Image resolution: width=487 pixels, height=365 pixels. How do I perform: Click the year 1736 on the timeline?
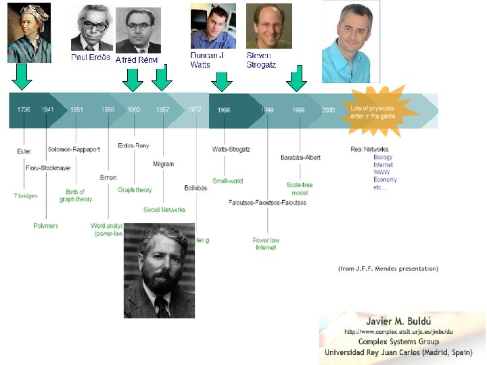coord(25,109)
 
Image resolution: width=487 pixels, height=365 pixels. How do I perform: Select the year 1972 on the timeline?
coord(195,109)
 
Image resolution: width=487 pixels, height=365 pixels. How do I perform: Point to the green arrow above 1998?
coord(222,82)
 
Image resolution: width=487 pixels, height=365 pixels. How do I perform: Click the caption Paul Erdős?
coord(91,57)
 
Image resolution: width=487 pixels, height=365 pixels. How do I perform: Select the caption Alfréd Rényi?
coord(137,60)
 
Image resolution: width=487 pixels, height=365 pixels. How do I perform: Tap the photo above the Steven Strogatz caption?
coord(269,26)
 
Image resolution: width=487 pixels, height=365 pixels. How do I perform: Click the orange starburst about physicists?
coord(383,111)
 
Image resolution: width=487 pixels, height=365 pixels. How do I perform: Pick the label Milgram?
coord(164,164)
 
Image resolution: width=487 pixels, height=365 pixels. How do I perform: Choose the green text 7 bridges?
coord(26,196)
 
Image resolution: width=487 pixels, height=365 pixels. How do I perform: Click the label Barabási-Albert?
coord(300,157)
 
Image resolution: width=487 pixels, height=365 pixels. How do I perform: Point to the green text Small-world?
coord(228,181)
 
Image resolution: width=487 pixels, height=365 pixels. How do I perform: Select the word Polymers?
coord(46,226)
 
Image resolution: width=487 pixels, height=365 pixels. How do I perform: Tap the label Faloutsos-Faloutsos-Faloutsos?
coord(267,203)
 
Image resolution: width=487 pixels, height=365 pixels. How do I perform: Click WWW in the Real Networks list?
coord(381,172)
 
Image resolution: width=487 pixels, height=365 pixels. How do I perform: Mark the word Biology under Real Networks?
coord(383,157)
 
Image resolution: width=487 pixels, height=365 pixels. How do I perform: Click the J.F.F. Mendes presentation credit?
coord(388,268)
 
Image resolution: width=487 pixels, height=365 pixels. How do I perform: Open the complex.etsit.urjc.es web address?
coord(399,332)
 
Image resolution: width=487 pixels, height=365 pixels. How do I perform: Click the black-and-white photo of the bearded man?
coord(159,270)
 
